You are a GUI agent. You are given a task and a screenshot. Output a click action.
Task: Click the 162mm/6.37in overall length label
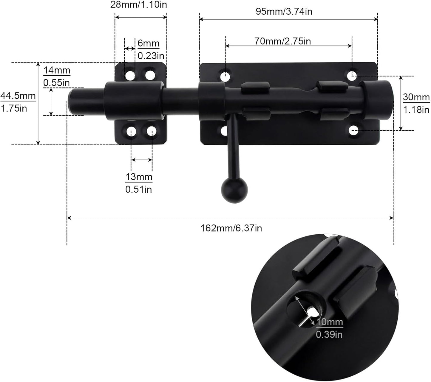point(231,228)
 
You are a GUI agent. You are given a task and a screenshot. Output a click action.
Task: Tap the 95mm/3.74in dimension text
point(284,11)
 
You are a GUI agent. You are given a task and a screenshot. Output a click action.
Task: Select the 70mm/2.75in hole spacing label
point(282,41)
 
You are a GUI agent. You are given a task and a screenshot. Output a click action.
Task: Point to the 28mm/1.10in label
point(138,4)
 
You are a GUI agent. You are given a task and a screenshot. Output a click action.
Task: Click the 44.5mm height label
point(18,96)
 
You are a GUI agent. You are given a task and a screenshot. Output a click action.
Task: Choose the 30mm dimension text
point(416,97)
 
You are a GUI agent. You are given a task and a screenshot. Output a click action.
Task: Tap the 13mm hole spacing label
point(139,177)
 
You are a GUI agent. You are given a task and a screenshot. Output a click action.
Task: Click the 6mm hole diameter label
point(148,44)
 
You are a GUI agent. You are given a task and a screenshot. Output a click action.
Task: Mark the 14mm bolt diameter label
point(57,71)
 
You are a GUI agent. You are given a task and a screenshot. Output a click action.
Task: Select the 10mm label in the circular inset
point(330,322)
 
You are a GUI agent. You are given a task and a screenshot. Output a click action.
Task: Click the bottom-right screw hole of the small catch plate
point(152,131)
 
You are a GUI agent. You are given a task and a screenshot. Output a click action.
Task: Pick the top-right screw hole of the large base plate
point(353,76)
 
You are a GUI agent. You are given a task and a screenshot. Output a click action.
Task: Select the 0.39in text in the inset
point(329,334)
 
